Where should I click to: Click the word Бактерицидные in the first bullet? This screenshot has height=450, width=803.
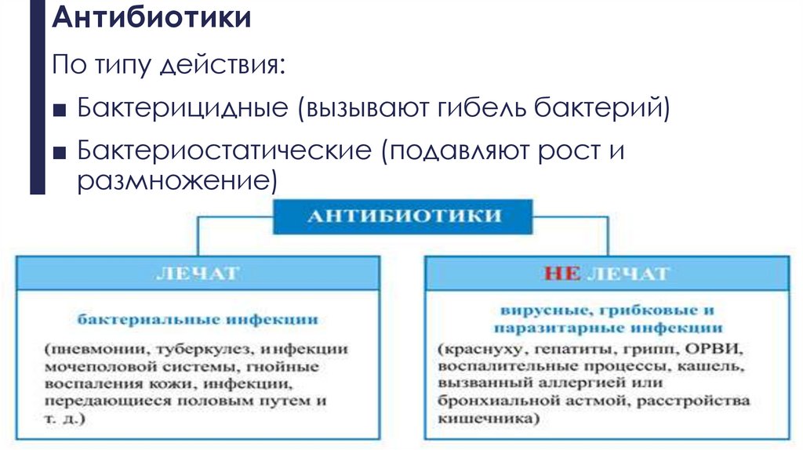[182, 107]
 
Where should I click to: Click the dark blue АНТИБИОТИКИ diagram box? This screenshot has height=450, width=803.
[403, 216]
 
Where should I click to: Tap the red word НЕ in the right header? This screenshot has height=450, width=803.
[561, 274]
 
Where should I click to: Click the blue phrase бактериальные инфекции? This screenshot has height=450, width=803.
[197, 319]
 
